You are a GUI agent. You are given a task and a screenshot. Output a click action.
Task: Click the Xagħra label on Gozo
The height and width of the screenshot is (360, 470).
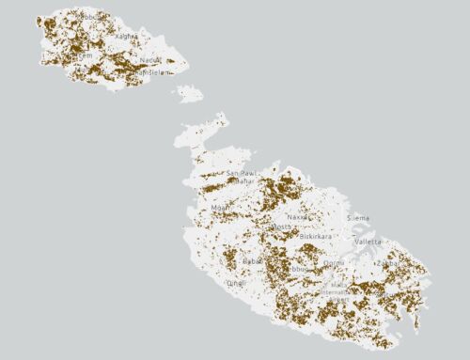(126, 36)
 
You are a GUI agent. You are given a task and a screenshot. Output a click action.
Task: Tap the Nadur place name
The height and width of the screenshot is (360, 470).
(149, 60)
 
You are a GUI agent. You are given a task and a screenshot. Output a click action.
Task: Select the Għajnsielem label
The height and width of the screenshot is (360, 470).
(153, 72)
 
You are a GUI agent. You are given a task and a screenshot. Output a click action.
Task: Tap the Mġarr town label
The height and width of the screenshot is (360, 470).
(221, 207)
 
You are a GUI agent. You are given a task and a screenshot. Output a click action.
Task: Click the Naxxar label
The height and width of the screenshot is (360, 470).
(297, 216)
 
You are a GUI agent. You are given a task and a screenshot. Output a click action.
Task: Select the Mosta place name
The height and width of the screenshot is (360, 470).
(280, 227)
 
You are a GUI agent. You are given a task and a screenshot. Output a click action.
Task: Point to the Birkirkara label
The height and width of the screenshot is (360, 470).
(316, 237)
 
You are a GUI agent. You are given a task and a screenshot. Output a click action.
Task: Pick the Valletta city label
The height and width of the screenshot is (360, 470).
(368, 242)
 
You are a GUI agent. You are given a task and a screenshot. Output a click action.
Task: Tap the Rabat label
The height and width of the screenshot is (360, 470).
(252, 261)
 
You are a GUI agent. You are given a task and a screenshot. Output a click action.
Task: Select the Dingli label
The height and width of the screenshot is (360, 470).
(236, 282)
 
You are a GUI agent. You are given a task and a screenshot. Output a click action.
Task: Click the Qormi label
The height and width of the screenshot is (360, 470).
(334, 263)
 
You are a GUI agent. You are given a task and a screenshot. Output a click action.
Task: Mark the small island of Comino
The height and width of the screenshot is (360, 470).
(189, 93)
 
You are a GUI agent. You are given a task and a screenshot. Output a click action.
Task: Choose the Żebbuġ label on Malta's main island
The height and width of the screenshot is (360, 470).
(300, 270)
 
